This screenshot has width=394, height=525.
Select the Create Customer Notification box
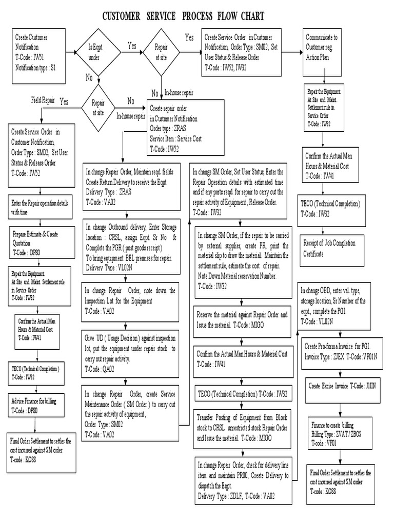click(x=40, y=55)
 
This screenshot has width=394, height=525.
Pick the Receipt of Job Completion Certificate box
click(x=331, y=248)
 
